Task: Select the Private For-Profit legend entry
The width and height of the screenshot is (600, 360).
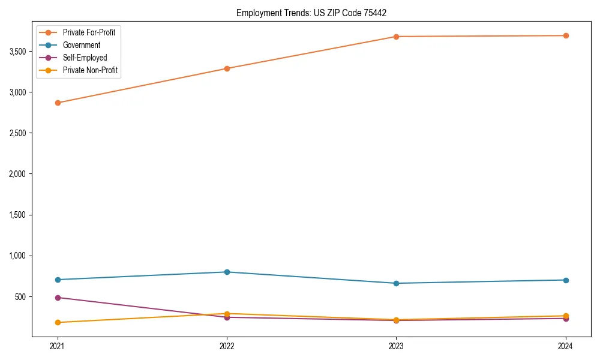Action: (89, 32)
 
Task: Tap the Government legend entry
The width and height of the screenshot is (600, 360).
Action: (82, 45)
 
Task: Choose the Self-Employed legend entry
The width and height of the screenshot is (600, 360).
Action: (85, 58)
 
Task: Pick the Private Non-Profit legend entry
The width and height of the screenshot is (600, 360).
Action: (90, 70)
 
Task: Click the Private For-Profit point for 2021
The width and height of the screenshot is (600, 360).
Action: (58, 103)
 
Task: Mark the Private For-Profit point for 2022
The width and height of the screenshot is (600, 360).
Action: (227, 68)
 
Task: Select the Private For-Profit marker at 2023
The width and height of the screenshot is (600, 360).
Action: (396, 37)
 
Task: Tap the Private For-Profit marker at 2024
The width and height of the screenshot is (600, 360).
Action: (566, 35)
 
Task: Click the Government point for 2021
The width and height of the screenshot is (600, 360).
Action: (58, 280)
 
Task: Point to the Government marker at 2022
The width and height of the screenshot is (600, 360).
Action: (227, 272)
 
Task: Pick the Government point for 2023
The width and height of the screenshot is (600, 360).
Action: (396, 283)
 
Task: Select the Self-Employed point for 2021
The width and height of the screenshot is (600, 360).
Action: (58, 298)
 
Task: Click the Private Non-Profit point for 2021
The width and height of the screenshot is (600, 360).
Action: (58, 322)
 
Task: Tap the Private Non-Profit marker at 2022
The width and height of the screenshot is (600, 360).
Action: (227, 314)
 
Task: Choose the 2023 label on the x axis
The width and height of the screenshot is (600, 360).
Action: (396, 346)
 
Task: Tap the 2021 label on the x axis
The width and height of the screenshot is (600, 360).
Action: (58, 346)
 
